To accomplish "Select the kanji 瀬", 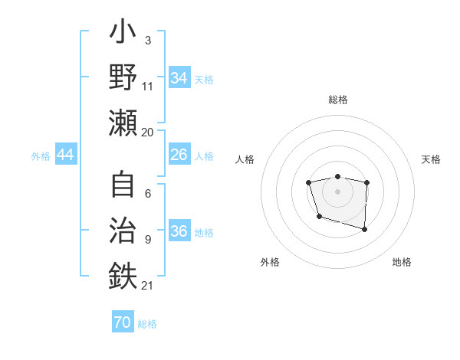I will tap(123, 123).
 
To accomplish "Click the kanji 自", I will tap(123, 185).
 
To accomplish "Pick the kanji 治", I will tap(123, 231).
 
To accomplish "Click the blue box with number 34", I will tap(179, 78).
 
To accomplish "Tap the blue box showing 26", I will tap(179, 155).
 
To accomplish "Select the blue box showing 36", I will tap(179, 231).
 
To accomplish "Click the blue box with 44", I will tap(66, 155).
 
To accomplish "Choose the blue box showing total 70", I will tap(122, 322).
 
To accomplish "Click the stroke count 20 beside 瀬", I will tap(147, 132).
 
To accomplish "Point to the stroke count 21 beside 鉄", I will tap(147, 286).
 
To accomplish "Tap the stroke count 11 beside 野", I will tap(147, 86).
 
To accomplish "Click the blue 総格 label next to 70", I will tap(147, 324).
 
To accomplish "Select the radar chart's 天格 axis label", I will tap(432, 159).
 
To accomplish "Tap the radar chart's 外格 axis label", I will tap(270, 262).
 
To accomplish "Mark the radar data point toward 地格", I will tap(364, 229).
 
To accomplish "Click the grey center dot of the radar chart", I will tap(337, 191).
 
